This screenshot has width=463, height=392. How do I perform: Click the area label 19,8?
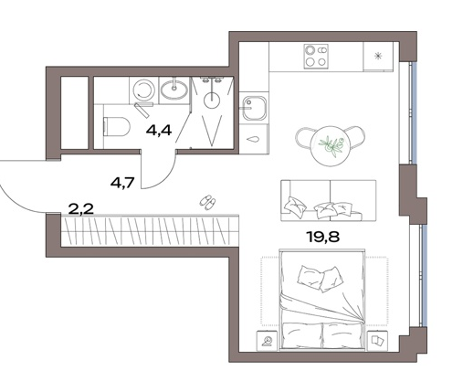pos(324,237)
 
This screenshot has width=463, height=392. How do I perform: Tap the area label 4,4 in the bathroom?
pos(159,131)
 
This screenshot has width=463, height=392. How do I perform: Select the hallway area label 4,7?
pos(123,183)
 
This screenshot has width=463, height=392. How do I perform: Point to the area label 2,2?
pos(81,209)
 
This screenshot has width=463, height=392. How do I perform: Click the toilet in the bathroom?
pos(117,126)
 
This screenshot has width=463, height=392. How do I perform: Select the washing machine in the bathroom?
pos(144,90)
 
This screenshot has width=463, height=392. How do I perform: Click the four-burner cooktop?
pos(316,56)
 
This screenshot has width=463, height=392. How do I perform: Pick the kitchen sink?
pos(253,108)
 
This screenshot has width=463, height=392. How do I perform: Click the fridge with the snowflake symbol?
pos(378,57)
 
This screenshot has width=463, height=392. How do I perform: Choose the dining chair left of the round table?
pos(304,139)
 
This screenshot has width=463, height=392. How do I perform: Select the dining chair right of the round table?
pos(356,138)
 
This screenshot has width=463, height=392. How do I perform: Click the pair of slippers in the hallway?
pos(208,202)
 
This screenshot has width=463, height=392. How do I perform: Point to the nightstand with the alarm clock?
pos(268,340)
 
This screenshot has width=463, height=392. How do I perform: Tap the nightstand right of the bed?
pos(377,340)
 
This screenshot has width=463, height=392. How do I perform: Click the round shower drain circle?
pos(212,100)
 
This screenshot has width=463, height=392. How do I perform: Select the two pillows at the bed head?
pos(319,279)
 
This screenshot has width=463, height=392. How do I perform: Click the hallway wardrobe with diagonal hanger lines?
pos(150,230)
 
